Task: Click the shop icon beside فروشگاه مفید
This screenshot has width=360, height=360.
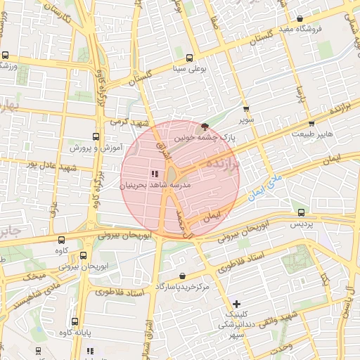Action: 300,19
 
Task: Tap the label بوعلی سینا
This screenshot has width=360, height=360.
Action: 188,70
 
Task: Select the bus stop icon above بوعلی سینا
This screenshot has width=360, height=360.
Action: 188,59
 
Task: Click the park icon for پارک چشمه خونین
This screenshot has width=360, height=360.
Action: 205,127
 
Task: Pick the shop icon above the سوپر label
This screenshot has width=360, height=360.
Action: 245,109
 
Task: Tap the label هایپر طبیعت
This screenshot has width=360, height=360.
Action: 311,134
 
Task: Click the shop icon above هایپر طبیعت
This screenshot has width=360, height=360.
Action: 311,124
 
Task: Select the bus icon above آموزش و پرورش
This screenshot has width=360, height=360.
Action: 96,137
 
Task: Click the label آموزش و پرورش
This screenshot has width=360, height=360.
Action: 96,148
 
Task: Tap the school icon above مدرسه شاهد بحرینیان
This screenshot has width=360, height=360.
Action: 154,174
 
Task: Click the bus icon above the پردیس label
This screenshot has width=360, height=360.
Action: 302,212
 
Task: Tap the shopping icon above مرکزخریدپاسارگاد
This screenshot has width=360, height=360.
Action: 183,276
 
